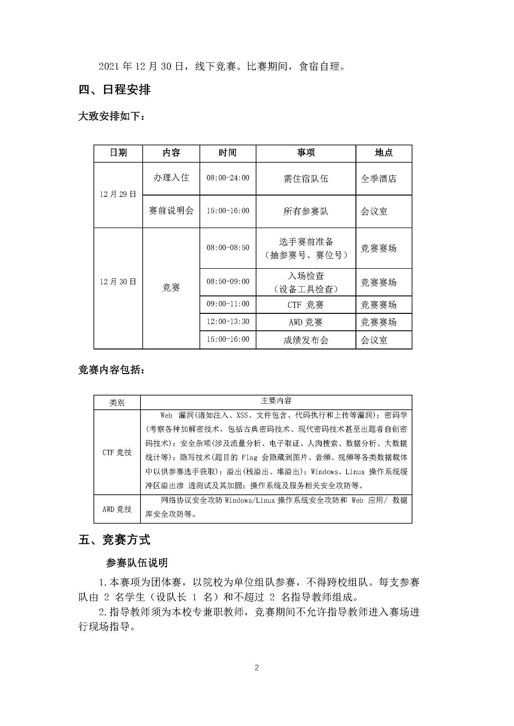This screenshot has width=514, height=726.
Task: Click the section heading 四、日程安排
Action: coord(115,90)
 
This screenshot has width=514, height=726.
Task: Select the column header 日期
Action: coord(118,153)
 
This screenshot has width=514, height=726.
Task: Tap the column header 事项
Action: coord(306,153)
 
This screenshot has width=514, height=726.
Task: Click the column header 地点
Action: coord(384,153)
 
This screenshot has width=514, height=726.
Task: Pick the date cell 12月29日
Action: coord(118,195)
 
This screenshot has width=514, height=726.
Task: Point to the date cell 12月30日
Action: coord(118,282)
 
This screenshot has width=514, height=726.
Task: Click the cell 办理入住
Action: coord(171,178)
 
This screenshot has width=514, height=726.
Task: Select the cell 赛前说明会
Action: coord(171,211)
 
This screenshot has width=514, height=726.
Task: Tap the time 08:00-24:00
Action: coord(228,178)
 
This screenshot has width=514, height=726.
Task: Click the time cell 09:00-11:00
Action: coord(228,304)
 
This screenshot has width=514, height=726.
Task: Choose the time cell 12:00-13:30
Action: coord(228,321)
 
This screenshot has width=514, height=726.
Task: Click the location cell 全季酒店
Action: coord(379,178)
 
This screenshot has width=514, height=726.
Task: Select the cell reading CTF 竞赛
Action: coord(306,304)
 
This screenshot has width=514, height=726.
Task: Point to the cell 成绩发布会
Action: coord(306,340)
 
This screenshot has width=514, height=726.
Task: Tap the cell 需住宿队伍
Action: coord(306,178)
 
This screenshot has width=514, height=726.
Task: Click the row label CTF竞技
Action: coord(117,452)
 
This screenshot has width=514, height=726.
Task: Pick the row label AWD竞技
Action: coord(117,509)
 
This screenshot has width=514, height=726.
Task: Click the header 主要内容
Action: coord(276,401)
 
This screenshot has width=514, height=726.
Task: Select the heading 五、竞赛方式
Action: coord(115,540)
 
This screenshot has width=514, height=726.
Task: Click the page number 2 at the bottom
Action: coord(257,667)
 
